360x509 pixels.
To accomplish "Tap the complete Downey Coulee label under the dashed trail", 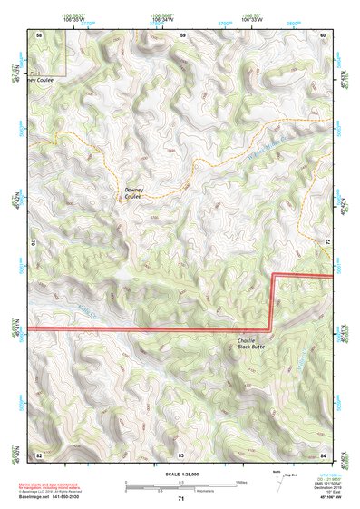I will coord(134,192).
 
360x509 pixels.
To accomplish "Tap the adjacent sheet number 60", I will coord(324,34).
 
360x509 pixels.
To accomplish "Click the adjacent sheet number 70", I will coord(36,243).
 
